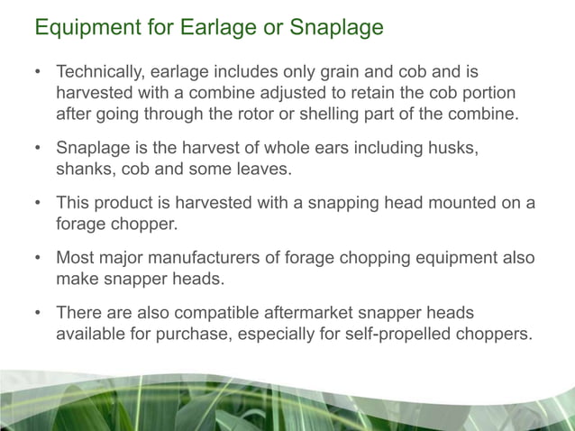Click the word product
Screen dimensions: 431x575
pos(122,203)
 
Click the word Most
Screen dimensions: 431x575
pos(74,258)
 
